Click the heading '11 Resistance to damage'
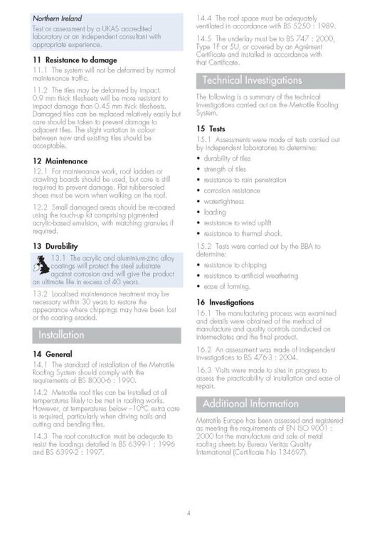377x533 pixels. click(75, 60)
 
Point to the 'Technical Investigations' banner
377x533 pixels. click(252, 80)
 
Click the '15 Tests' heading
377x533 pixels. click(211, 128)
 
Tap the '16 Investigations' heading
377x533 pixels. click(226, 302)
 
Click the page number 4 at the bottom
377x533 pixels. click(188, 512)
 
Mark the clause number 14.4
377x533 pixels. click(205, 14)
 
